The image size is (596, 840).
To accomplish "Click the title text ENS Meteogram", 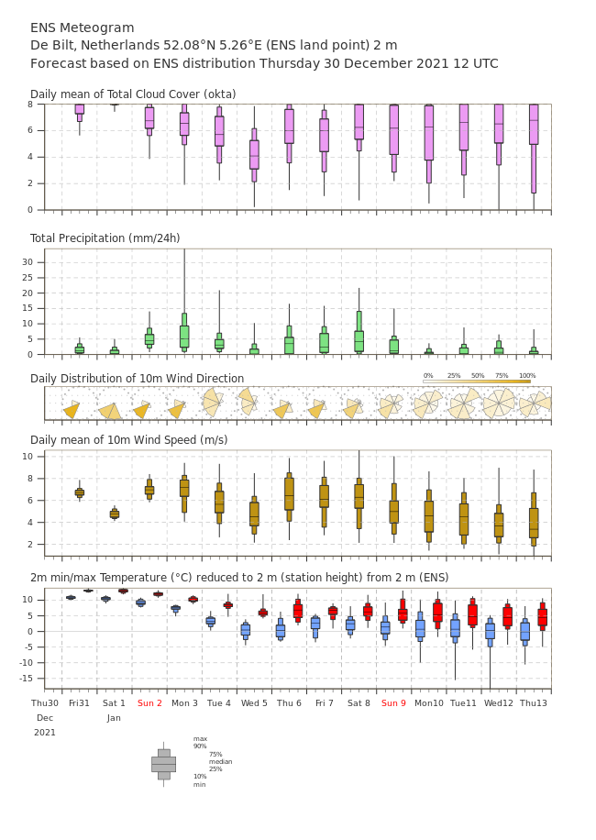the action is pyautogui.click(x=82, y=28).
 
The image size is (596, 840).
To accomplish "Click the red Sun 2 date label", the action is pyautogui.click(x=149, y=702).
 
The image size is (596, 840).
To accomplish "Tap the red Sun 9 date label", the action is pyautogui.click(x=393, y=702).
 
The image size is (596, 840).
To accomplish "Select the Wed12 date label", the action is pyautogui.click(x=499, y=702).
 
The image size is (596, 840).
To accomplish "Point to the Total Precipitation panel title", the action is pyautogui.click(x=105, y=238).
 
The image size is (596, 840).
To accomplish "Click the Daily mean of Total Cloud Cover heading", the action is pyautogui.click(x=133, y=94).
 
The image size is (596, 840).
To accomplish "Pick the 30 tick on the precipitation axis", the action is pyautogui.click(x=28, y=262).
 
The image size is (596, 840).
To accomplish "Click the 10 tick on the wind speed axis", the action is pyautogui.click(x=28, y=457).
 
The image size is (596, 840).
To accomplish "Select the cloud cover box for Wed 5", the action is pyautogui.click(x=254, y=155).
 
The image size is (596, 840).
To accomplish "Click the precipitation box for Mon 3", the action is pyautogui.click(x=184, y=337).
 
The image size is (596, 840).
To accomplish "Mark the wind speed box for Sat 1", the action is pyautogui.click(x=114, y=514).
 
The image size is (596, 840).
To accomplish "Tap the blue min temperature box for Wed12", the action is pyautogui.click(x=490, y=632).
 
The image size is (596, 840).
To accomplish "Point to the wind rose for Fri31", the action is pyautogui.click(x=72, y=409).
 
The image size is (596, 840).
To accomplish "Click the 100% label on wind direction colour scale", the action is pyautogui.click(x=527, y=376).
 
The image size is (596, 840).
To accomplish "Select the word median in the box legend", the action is pyautogui.click(x=221, y=761).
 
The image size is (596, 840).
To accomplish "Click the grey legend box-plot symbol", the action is pyautogui.click(x=164, y=765).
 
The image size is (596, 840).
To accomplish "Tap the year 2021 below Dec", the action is pyautogui.click(x=45, y=733).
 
